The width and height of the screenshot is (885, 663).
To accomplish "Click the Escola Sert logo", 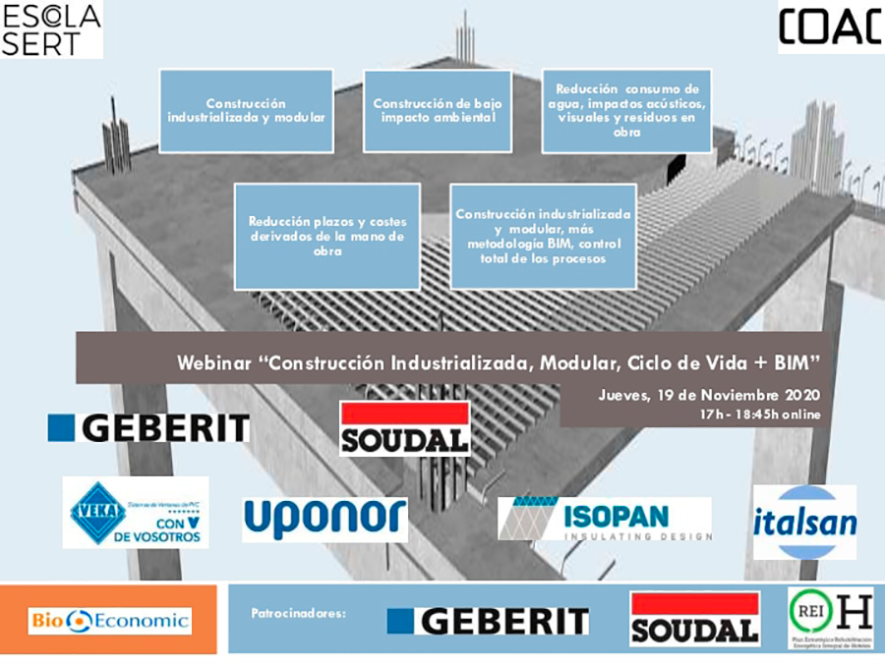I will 51,29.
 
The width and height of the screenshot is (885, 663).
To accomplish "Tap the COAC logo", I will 829,27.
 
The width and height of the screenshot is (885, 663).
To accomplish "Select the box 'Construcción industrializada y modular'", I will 246,109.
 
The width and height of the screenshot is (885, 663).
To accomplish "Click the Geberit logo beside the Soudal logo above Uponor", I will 148,428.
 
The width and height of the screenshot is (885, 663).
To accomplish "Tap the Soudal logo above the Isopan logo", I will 404,428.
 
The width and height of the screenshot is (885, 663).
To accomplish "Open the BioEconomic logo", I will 109,620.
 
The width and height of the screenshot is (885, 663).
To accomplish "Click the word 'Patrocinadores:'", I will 299,613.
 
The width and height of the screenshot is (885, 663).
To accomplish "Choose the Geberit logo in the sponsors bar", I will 488,621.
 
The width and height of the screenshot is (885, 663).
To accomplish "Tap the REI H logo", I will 829,619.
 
